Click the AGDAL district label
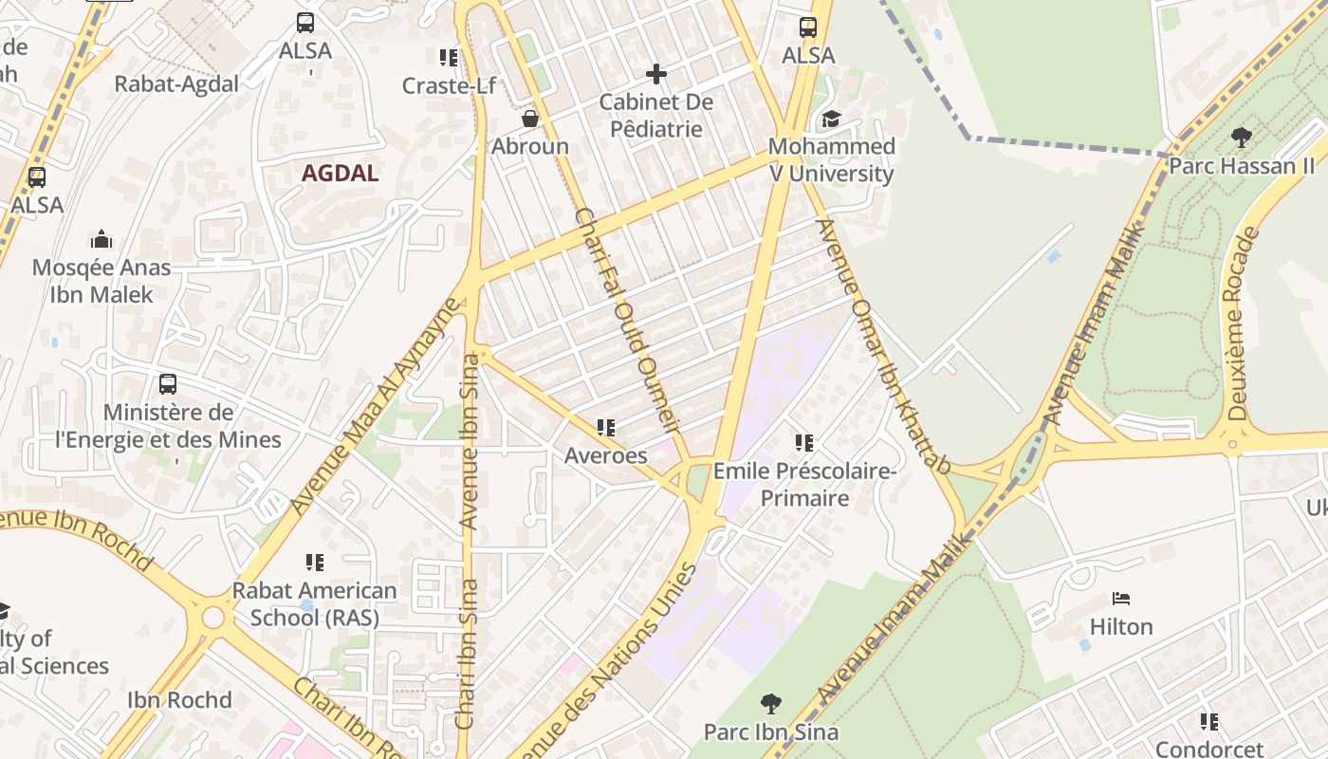pyautogui.click(x=340, y=174)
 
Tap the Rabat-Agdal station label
pyautogui.click(x=176, y=83)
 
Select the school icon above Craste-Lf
pyautogui.click(x=449, y=58)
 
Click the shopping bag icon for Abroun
pyautogui.click(x=530, y=119)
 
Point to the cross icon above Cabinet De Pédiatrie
pyautogui.click(x=655, y=73)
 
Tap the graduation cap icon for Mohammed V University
pyautogui.click(x=831, y=119)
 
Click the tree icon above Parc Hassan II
pyautogui.click(x=1241, y=138)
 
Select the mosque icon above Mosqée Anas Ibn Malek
pyautogui.click(x=101, y=239)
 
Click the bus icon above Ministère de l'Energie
pyautogui.click(x=168, y=384)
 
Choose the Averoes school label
pyautogui.click(x=605, y=455)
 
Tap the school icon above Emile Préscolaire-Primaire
pyautogui.click(x=804, y=442)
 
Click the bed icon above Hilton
pyautogui.click(x=1121, y=599)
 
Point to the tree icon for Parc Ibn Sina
pyautogui.click(x=771, y=704)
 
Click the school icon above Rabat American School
pyautogui.click(x=315, y=563)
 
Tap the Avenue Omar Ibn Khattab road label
pyautogui.click(x=882, y=346)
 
